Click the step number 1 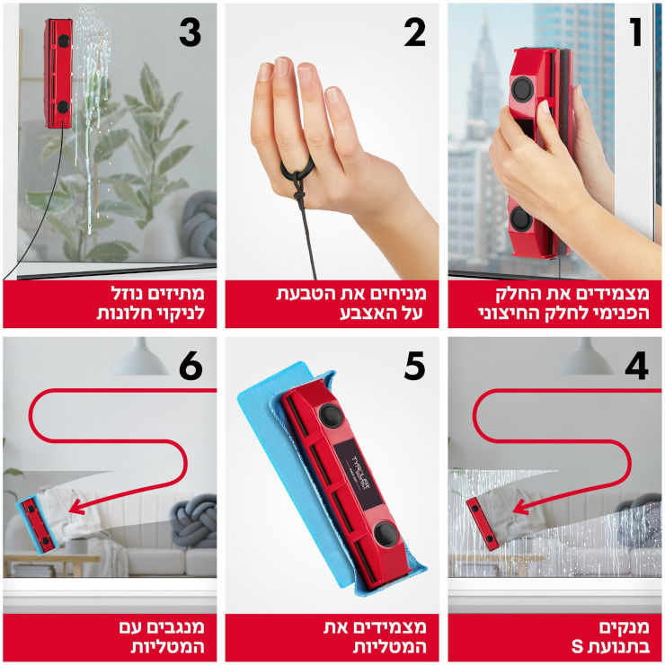pos(635,32)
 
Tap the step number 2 pos(414,33)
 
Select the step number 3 pos(190,33)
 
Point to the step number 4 pos(636,366)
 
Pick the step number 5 pos(414,366)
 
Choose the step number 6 pos(191,366)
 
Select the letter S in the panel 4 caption pos(577,647)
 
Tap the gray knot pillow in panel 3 pos(199,225)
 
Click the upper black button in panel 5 pos(331,415)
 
